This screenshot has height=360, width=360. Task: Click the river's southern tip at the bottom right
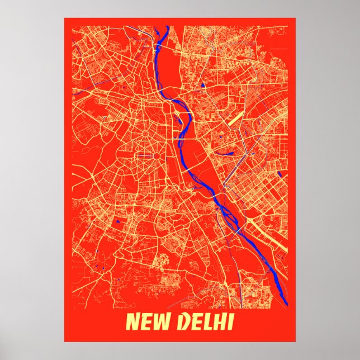286,304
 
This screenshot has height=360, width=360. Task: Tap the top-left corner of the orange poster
65,18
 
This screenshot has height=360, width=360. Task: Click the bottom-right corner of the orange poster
295,341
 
